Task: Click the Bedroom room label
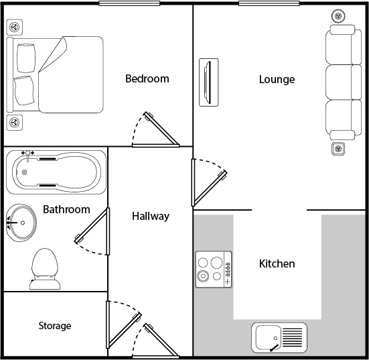pyautogui.click(x=147, y=78)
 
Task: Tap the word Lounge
pyautogui.click(x=277, y=79)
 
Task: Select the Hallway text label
pyautogui.click(x=151, y=217)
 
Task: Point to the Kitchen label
pyautogui.click(x=277, y=263)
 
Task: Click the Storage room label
pyautogui.click(x=55, y=326)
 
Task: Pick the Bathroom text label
pyautogui.click(x=66, y=209)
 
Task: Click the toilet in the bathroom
pyautogui.click(x=45, y=269)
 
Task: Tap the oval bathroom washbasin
pyautogui.click(x=21, y=223)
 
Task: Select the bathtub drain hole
pyautogui.click(x=25, y=172)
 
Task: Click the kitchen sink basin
pyautogui.click(x=268, y=337)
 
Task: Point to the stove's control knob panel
pyautogui.click(x=228, y=269)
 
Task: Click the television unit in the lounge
pyautogui.click(x=209, y=82)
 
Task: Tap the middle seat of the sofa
pyautogui.click(x=344, y=82)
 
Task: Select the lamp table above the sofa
pyautogui.click(x=338, y=16)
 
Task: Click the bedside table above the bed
pyautogui.click(x=15, y=27)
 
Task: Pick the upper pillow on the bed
pyautogui.click(x=26, y=58)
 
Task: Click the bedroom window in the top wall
pyautogui.click(x=129, y=3)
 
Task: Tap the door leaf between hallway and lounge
pyautogui.click(x=210, y=188)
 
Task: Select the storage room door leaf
pyautogui.click(x=125, y=331)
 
